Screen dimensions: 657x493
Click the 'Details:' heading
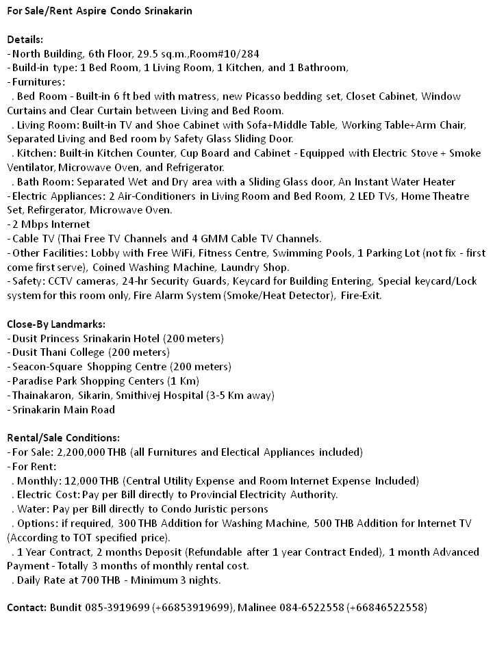click(25, 40)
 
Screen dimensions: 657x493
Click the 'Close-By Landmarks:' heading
click(56, 324)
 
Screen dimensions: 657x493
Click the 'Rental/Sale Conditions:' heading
click(63, 438)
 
